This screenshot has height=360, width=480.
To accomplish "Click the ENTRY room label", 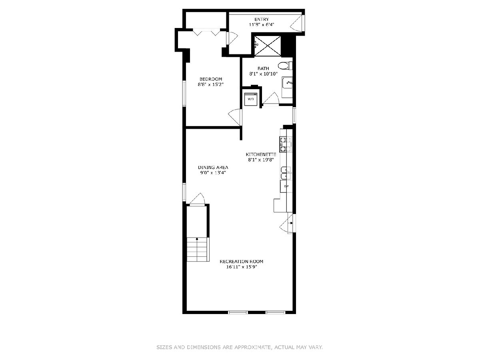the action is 262,20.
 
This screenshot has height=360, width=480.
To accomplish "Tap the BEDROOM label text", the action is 210,79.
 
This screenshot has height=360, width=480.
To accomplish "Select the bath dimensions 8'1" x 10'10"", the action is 263,74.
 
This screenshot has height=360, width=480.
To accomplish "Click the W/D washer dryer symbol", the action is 251,99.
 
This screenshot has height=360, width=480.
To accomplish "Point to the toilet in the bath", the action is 285,66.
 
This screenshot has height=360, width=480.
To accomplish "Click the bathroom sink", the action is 287,83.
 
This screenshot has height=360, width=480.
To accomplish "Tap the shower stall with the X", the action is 268,46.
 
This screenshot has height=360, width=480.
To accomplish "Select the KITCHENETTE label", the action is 261,154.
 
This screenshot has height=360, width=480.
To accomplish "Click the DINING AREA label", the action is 213,168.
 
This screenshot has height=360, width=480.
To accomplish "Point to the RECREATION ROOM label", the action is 242,262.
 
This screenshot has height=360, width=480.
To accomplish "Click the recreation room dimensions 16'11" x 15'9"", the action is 242,267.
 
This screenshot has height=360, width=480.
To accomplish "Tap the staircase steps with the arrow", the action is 198,249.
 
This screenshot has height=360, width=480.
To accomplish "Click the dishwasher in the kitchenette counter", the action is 286,186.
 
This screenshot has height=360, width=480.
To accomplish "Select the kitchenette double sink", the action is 286,173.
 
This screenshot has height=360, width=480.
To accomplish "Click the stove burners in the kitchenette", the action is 285,144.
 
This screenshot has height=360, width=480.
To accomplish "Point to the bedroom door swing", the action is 234,117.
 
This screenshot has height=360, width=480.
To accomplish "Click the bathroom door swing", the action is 271,99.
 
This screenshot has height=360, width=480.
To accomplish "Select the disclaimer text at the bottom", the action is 240,347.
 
